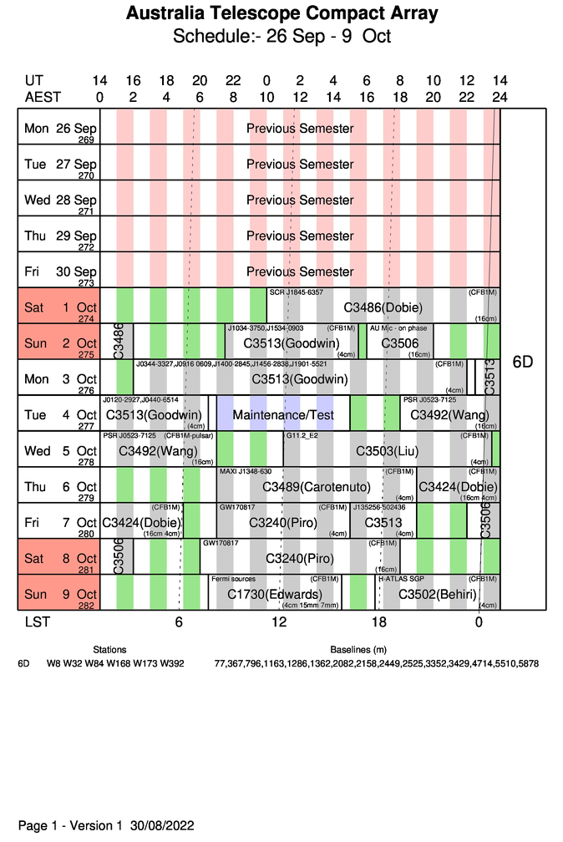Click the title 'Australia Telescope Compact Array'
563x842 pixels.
click(281, 14)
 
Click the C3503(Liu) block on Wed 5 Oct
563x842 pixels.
click(387, 451)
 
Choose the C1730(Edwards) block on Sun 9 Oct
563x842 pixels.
click(275, 595)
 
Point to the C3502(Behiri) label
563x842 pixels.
click(438, 595)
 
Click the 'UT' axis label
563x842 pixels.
click(34, 81)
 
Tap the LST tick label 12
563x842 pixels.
click(279, 622)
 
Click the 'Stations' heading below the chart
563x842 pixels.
click(109, 649)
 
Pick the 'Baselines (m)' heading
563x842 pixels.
click(358, 649)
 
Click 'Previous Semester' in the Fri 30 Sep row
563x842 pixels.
click(300, 271)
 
